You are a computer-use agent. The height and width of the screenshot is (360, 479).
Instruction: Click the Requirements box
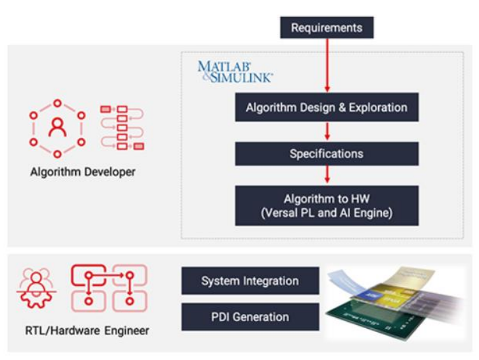(327, 27)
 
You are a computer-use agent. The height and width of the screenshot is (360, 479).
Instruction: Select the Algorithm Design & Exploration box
(327, 108)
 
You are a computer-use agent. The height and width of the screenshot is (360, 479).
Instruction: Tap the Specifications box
(327, 154)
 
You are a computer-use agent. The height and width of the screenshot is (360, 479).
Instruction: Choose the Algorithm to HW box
(327, 205)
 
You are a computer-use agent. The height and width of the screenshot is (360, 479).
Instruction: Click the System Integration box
(250, 281)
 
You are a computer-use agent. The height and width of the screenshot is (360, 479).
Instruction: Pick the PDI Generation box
(250, 317)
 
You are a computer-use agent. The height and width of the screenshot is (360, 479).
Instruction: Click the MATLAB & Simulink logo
(235, 71)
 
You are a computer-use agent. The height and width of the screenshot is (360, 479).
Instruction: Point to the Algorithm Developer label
(83, 172)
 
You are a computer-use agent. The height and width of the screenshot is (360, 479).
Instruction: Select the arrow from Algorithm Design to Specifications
(327, 131)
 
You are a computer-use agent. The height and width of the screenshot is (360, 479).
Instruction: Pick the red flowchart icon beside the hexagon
(122, 127)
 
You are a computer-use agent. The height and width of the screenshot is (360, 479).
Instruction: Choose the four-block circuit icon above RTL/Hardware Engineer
(108, 287)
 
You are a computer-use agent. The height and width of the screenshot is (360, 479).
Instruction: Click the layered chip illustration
(395, 299)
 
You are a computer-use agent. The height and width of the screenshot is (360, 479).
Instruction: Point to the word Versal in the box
(277, 213)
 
